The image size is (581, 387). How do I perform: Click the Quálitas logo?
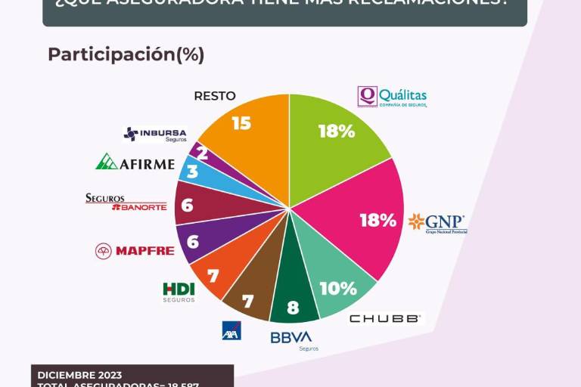click(x=392, y=97)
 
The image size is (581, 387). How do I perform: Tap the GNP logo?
click(x=437, y=223)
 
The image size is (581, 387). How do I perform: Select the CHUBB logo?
click(x=384, y=319)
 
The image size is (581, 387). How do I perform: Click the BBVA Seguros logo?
click(x=292, y=339)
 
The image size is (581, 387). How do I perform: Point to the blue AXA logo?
click(x=231, y=330)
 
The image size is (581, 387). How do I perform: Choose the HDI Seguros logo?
click(x=179, y=292)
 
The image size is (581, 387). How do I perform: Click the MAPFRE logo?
click(x=135, y=251)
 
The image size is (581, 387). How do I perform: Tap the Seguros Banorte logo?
click(x=126, y=202)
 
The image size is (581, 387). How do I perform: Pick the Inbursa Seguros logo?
click(x=154, y=135)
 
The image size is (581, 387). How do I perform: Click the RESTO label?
click(x=215, y=96)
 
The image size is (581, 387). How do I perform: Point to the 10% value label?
click(x=337, y=288)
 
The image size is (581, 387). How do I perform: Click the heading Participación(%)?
click(x=126, y=54)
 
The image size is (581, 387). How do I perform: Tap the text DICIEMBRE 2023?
click(x=79, y=375)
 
